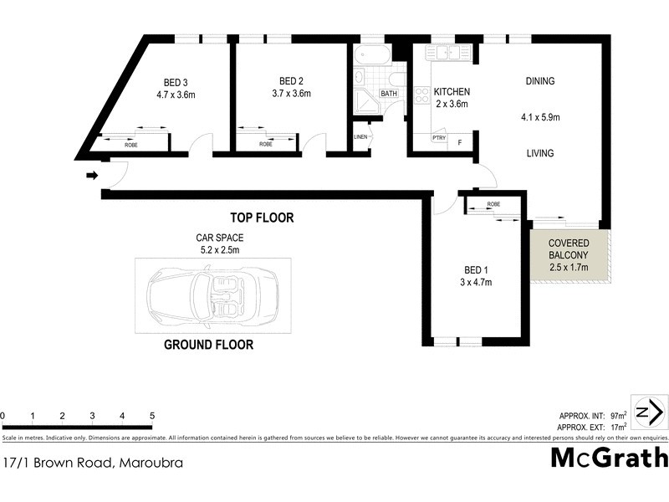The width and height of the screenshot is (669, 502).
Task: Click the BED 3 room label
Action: point(176,82)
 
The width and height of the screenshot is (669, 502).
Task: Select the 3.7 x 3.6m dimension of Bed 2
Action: point(291,94)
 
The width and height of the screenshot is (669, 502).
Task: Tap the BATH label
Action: point(390,94)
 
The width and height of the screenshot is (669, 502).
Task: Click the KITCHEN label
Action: point(451,92)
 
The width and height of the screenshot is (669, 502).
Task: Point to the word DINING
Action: point(539,81)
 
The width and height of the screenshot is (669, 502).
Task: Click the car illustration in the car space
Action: point(213,295)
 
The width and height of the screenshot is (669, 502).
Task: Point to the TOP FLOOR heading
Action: point(263,218)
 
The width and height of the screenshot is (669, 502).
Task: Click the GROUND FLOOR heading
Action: point(208,345)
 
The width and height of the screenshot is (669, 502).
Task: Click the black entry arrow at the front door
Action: point(92,176)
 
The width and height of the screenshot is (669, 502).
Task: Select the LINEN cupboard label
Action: point(361,136)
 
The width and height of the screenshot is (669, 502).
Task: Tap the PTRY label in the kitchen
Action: point(438,138)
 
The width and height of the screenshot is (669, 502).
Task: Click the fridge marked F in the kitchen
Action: point(459,143)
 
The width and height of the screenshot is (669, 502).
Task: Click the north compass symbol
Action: point(649,412)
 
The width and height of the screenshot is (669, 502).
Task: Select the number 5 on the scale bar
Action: point(152,415)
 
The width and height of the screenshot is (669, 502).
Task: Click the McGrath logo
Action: point(609,458)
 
